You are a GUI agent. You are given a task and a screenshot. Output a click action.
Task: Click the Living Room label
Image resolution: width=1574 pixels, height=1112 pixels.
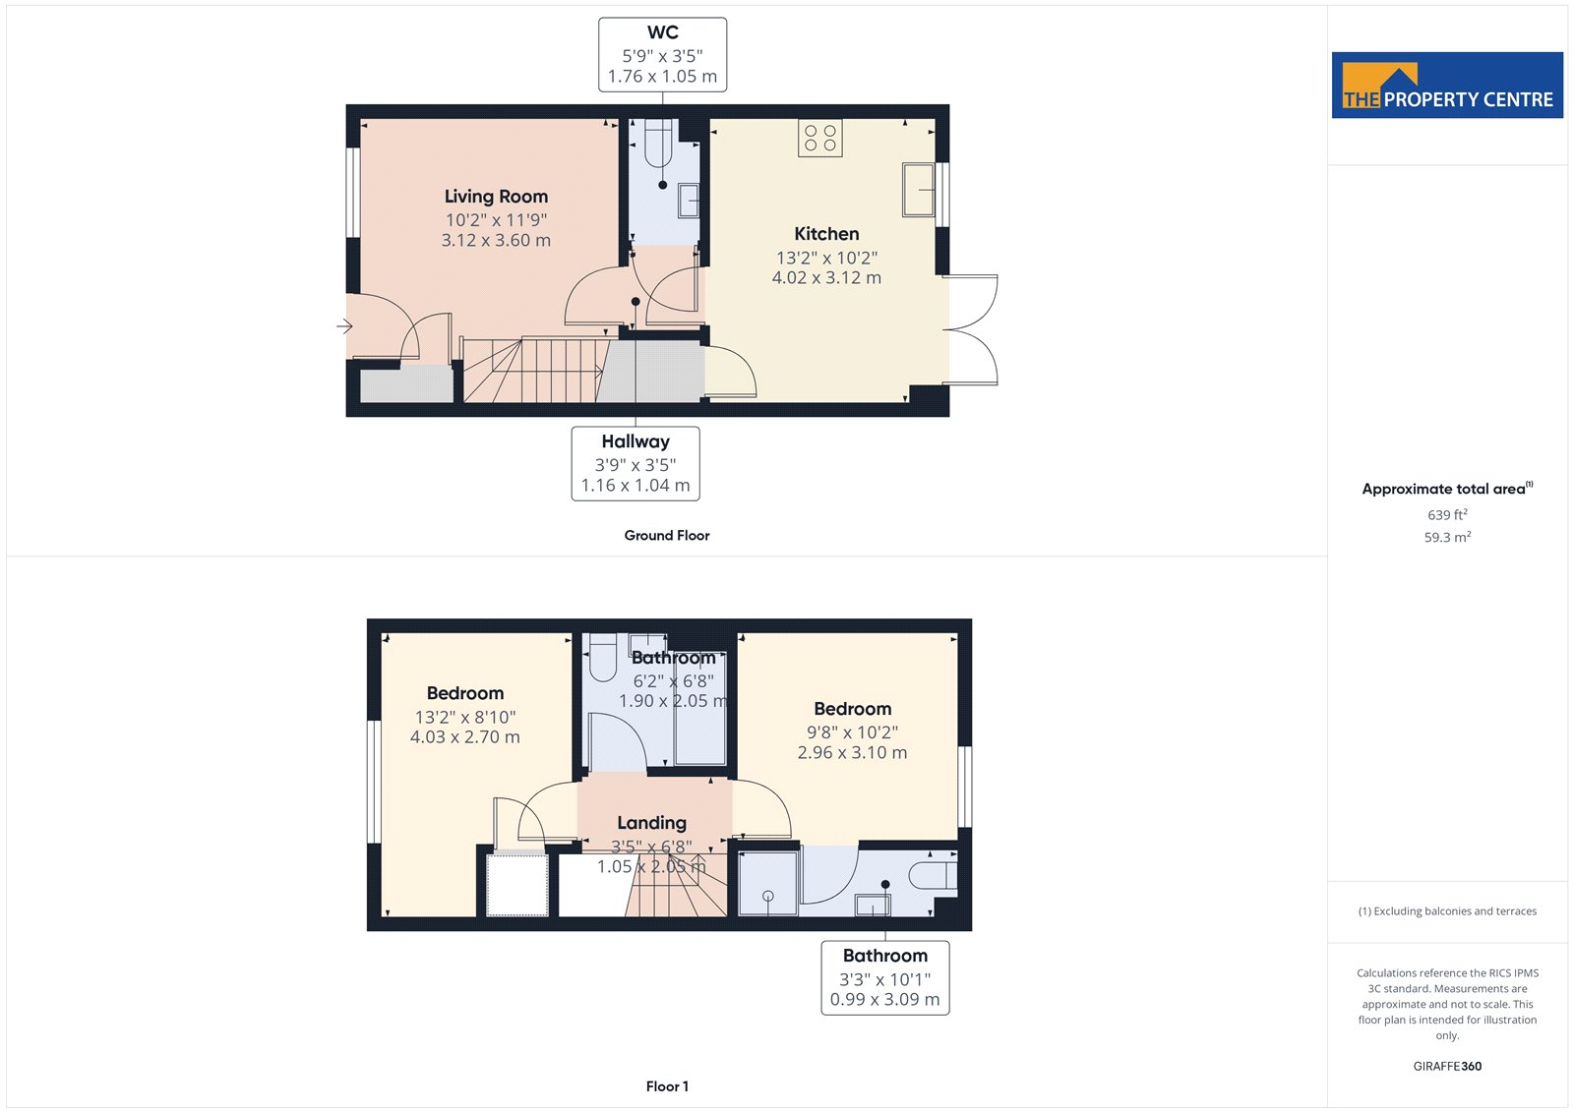point(496,196)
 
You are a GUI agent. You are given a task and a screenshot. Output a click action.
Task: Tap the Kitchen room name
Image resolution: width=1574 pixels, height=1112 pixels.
point(826,233)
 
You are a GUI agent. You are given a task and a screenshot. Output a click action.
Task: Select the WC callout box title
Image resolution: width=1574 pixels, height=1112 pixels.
point(663,32)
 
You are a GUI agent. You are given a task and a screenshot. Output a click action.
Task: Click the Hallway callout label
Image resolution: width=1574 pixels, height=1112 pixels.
point(636,441)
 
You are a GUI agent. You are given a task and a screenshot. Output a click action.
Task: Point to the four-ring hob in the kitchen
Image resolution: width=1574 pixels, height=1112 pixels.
point(820,138)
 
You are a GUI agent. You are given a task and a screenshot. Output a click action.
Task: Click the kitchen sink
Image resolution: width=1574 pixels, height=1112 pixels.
point(918,190)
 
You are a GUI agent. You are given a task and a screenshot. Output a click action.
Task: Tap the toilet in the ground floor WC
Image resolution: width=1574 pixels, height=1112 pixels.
point(658,144)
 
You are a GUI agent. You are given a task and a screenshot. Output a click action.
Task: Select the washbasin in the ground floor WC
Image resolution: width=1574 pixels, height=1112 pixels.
point(689,201)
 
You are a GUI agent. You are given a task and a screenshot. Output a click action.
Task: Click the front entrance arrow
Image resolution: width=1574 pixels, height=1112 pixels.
point(344,326)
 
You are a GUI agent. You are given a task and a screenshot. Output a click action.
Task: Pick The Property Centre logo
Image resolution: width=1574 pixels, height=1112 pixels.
point(1447,85)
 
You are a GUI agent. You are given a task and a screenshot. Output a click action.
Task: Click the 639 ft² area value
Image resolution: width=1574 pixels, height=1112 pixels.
point(1447,514)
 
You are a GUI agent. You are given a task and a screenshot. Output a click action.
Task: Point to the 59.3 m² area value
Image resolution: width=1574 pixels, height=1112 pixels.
point(1447,537)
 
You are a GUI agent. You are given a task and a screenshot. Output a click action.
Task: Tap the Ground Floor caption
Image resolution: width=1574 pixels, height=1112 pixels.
point(667,535)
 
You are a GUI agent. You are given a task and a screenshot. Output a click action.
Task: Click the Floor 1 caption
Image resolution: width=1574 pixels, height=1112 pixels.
point(667,1086)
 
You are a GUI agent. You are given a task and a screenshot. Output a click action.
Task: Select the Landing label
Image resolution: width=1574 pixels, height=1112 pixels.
point(651,823)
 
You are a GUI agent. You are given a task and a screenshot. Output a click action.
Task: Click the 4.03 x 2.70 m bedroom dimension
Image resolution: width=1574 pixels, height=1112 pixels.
point(464,736)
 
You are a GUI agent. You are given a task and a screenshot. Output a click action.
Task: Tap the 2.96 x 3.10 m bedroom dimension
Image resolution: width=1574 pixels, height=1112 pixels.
point(852,752)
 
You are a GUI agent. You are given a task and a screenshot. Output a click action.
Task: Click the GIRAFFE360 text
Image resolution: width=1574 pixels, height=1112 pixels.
point(1447,1066)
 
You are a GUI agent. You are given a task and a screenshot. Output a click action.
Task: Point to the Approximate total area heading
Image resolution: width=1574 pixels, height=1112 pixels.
point(1447,489)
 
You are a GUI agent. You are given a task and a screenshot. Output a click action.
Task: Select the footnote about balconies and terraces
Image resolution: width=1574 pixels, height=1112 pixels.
point(1447,911)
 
